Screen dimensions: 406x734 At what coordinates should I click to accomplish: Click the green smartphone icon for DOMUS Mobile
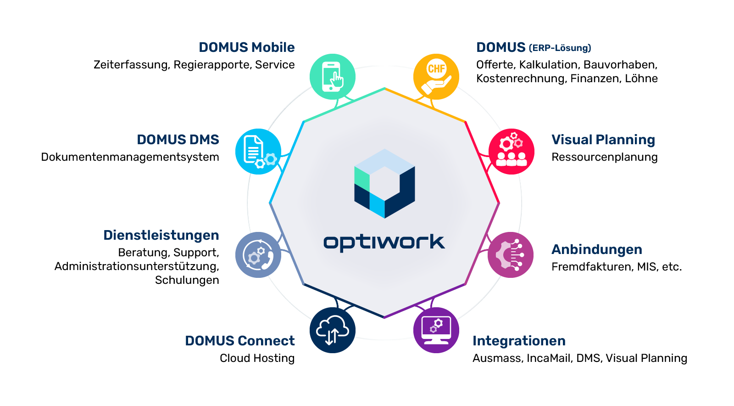click(333, 77)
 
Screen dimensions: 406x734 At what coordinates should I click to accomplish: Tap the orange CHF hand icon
click(436, 77)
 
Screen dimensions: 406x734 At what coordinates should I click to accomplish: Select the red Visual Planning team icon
click(512, 152)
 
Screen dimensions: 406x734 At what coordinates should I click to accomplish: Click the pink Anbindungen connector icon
click(511, 255)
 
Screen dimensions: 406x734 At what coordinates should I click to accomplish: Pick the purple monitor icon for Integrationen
click(436, 330)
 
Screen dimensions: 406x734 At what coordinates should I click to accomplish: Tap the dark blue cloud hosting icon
click(333, 330)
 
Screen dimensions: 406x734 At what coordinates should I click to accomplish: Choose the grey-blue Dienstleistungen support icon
click(258, 255)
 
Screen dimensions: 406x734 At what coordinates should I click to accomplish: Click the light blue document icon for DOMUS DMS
click(258, 152)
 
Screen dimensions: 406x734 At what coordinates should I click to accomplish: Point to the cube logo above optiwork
click(384, 183)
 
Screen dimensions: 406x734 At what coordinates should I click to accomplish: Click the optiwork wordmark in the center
click(384, 242)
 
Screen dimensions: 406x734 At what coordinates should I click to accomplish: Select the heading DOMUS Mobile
click(246, 47)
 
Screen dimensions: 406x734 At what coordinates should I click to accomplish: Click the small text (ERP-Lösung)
click(560, 48)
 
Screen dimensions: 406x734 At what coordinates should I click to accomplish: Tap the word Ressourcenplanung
click(604, 157)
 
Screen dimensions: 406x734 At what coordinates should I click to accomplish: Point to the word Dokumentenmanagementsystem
click(130, 157)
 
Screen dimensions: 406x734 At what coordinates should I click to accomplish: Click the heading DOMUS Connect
click(239, 341)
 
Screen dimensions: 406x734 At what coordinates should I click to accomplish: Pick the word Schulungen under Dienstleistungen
click(187, 280)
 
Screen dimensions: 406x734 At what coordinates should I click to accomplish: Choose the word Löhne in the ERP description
click(641, 79)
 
